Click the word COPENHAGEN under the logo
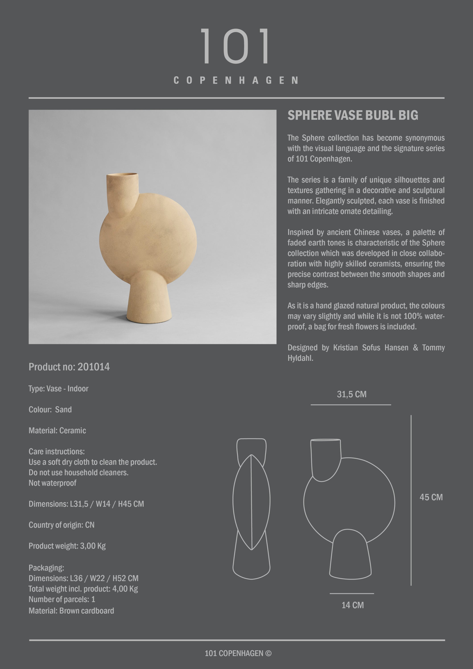pyautogui.click(x=236, y=81)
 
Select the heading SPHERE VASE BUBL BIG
pyautogui.click(x=353, y=115)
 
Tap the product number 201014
pyautogui.click(x=93, y=367)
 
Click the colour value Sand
pyautogui.click(x=63, y=409)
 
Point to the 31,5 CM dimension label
pyautogui.click(x=351, y=394)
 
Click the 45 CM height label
pyautogui.click(x=431, y=497)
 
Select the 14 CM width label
pyautogui.click(x=352, y=605)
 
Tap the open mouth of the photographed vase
pyautogui.click(x=122, y=175)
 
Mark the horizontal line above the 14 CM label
pyautogui.click(x=351, y=594)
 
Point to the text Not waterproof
pyautogui.click(x=52, y=483)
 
